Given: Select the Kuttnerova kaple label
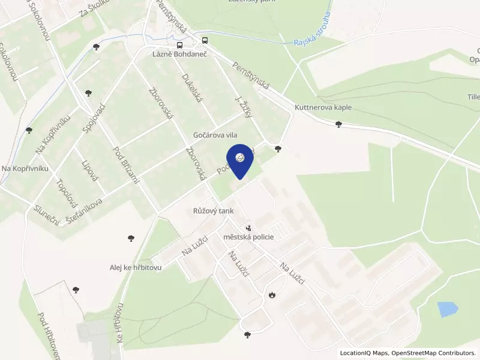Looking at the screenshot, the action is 323,107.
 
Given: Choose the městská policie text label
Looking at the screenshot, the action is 248,237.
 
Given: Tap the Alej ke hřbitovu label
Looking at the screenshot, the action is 136,268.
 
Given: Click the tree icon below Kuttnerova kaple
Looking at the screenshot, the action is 339,124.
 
